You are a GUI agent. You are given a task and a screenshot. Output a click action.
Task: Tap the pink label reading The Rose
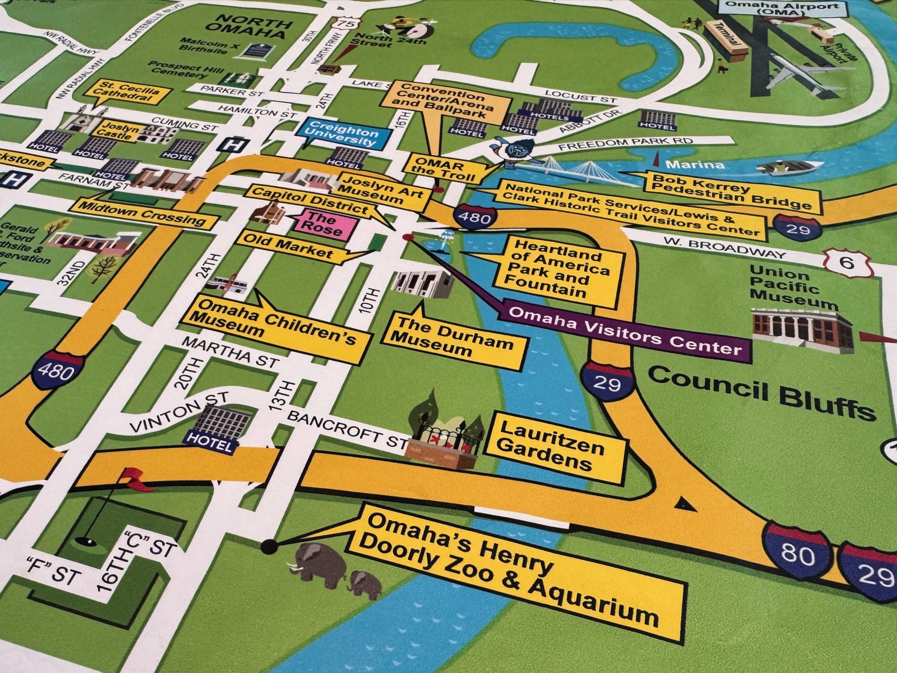[x=322, y=223]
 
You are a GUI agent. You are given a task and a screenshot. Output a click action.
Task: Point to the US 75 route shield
[x=348, y=23]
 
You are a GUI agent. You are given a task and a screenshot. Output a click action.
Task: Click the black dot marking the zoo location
[x=269, y=546]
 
